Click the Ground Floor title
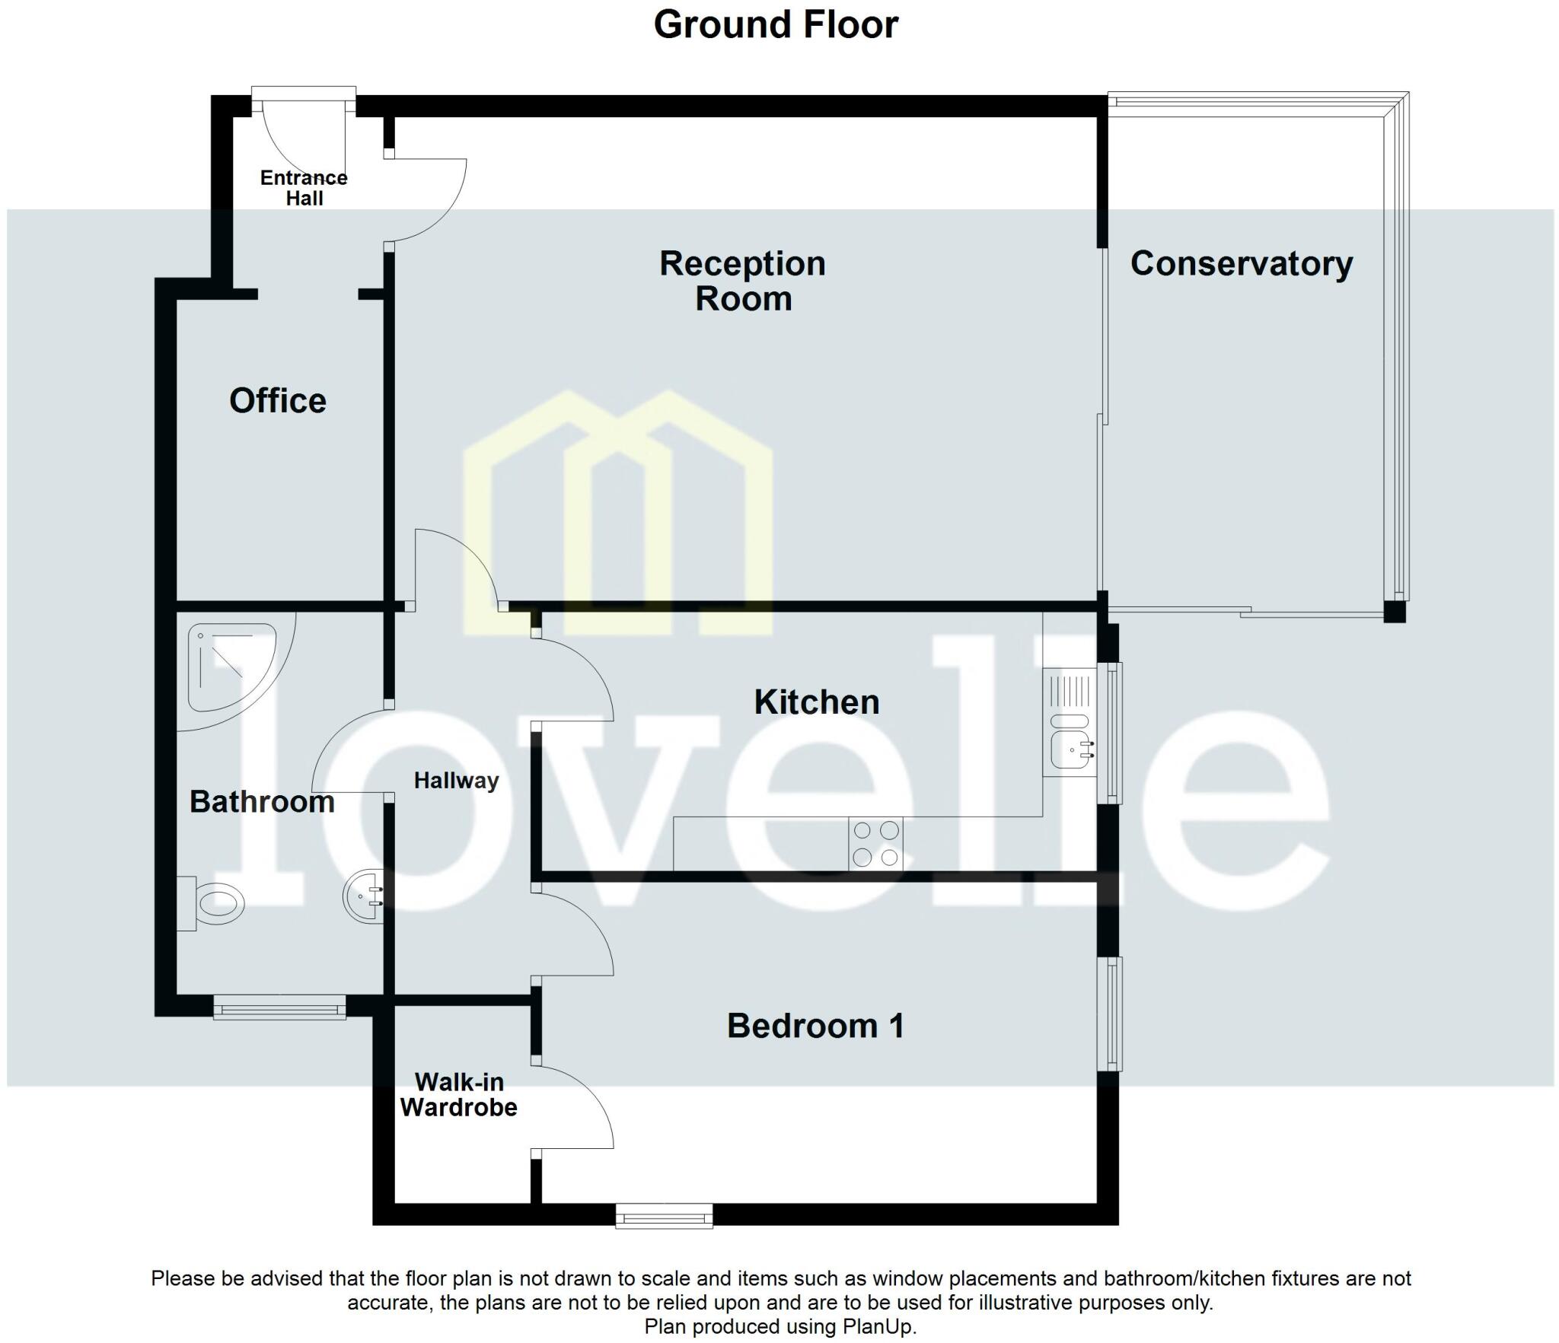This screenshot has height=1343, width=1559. tap(776, 24)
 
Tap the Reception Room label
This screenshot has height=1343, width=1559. tap(742, 281)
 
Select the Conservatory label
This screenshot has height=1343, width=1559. tap(1241, 263)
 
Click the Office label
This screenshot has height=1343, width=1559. tap(278, 400)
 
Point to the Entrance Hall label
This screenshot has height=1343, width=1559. tap(304, 188)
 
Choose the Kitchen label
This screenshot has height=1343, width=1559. tap(816, 702)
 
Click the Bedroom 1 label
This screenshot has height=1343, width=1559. tap(815, 1026)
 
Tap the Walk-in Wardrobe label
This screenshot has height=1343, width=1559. tap(459, 1094)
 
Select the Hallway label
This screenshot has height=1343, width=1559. tap(456, 780)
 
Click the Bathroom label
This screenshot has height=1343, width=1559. tap(262, 801)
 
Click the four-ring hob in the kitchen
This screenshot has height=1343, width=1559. tap(875, 843)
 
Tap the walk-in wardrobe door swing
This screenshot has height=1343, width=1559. tap(579, 1107)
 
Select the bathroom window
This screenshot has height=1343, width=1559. tap(279, 1009)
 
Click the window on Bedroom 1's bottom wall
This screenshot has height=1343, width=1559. tap(664, 1216)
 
